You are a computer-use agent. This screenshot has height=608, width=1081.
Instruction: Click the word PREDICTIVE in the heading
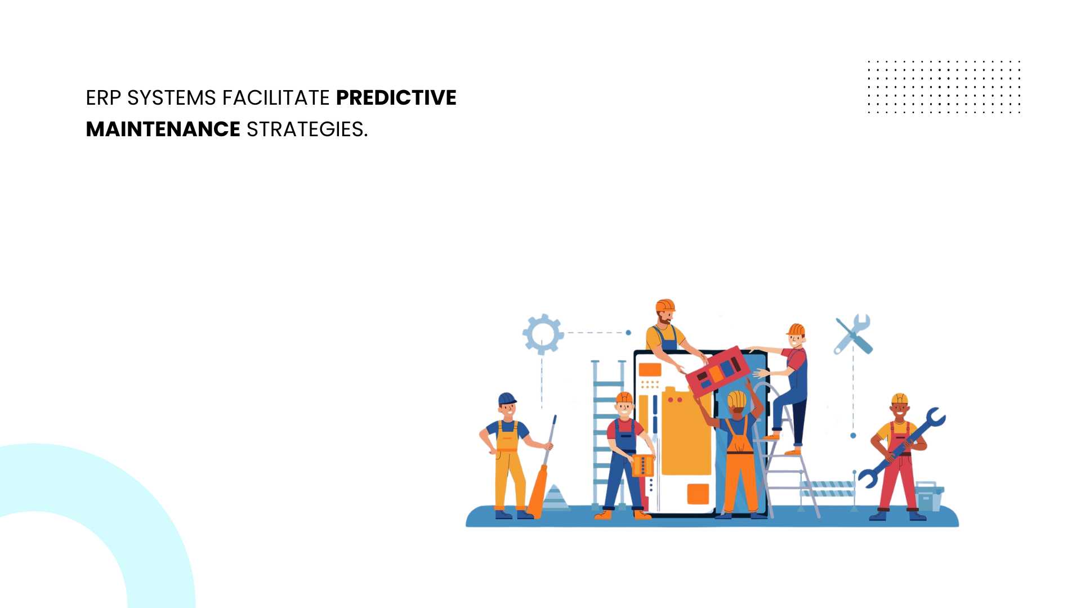click(x=396, y=98)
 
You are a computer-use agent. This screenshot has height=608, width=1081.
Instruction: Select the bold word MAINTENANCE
click(x=163, y=129)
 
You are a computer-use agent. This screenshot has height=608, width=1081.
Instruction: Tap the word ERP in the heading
click(x=103, y=98)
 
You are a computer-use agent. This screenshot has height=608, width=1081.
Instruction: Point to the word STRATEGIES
click(x=307, y=129)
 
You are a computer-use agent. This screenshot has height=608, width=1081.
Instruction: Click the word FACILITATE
click(x=276, y=98)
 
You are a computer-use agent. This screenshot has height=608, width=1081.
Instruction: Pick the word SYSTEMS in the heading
click(x=172, y=98)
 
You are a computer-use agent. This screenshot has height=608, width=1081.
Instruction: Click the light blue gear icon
click(x=543, y=334)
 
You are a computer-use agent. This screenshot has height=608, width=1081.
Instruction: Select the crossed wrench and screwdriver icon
click(x=853, y=334)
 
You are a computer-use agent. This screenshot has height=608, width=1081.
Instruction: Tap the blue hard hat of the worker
click(x=507, y=399)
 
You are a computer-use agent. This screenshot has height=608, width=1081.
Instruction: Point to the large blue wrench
click(x=901, y=447)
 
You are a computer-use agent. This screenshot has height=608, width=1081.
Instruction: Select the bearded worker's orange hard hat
click(x=665, y=305)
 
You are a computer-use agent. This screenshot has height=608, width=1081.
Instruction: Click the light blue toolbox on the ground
click(x=929, y=496)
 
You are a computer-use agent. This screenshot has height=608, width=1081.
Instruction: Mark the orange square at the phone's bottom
click(x=698, y=494)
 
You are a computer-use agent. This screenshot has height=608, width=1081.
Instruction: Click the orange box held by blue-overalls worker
click(x=642, y=466)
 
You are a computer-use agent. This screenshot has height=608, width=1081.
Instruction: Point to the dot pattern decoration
click(x=944, y=87)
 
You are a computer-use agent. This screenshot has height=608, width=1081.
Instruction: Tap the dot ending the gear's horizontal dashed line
click(x=628, y=333)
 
